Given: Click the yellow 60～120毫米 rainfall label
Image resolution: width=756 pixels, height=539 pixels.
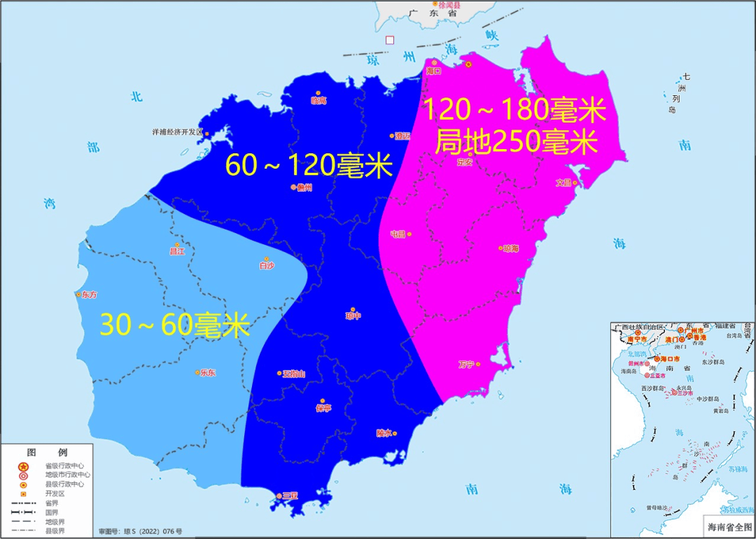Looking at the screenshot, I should [309, 166].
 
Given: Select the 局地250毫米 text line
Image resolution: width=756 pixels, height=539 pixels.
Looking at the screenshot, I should [516, 142].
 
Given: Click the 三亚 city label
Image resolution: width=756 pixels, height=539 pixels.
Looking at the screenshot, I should [290, 496].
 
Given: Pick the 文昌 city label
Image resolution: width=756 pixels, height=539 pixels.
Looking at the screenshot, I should [564, 183].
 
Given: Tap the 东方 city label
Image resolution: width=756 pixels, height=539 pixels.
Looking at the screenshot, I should [90, 295].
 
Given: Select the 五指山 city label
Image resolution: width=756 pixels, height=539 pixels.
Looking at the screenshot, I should [294, 374].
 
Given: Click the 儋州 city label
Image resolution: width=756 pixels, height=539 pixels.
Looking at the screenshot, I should [304, 188].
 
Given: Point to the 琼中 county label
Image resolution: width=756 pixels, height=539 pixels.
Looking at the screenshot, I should [353, 316].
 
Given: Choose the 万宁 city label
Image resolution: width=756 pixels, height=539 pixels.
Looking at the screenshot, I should [466, 364].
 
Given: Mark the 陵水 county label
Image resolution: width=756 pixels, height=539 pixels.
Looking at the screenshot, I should [384, 433].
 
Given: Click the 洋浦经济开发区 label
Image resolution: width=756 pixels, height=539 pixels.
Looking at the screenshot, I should [177, 132].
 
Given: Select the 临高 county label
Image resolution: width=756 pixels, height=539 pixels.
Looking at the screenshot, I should [318, 101].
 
